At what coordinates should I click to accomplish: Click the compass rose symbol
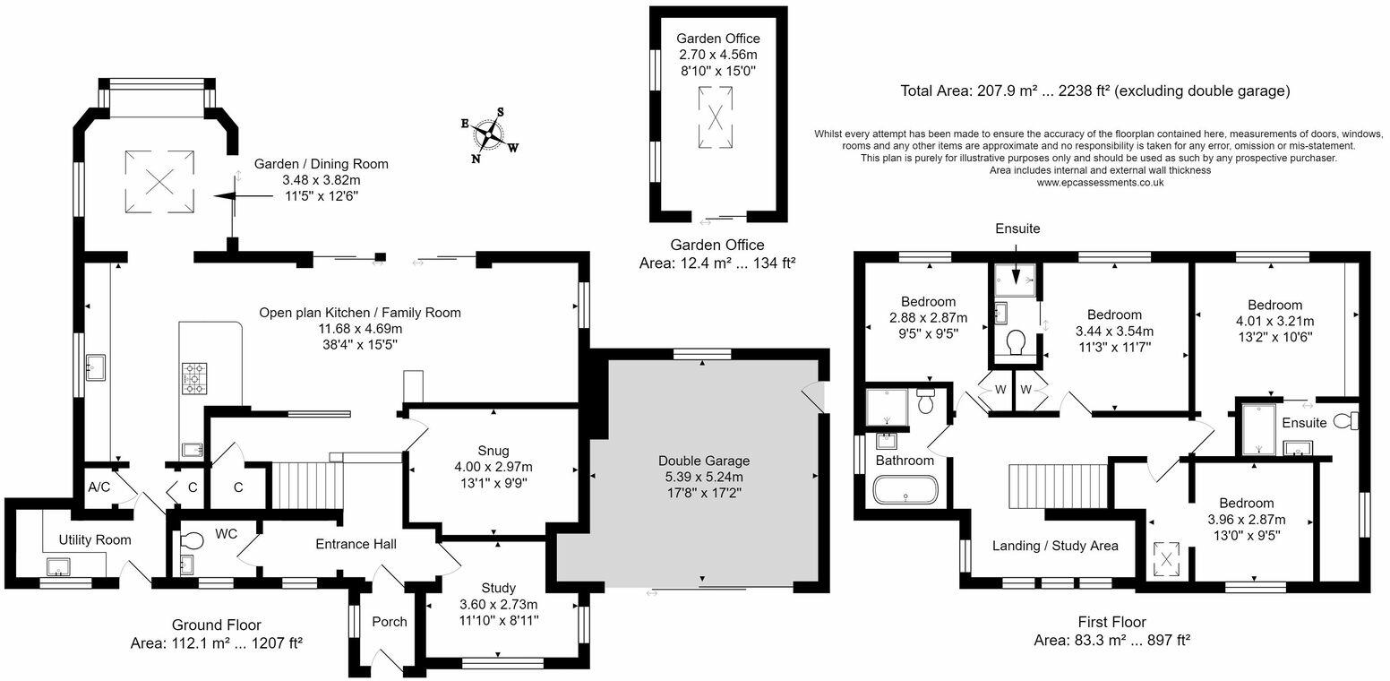pos(490,134)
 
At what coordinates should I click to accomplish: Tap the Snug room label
pos(493,451)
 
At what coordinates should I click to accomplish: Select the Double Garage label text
pos(704,461)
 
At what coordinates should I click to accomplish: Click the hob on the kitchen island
pos(195,377)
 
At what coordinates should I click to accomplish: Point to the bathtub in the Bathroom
pos(905,490)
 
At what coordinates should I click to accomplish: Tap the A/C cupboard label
pos(99,487)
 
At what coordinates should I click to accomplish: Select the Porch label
pos(389,621)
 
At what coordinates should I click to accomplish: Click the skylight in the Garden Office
pos(716,116)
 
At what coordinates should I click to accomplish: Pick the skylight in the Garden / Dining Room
pos(160,182)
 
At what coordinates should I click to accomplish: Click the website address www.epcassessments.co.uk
pos(1100,183)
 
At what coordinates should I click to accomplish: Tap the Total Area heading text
pos(1095,91)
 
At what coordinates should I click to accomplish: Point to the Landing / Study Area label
pos(1055,546)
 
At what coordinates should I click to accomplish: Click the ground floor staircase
pos(307,485)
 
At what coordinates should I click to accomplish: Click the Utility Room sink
pos(58,567)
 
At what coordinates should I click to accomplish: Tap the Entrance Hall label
pos(356,545)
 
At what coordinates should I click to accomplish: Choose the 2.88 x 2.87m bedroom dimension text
pos(929,318)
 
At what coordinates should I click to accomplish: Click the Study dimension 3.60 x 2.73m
pos(498,604)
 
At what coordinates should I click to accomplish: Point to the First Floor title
pos(1112,622)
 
